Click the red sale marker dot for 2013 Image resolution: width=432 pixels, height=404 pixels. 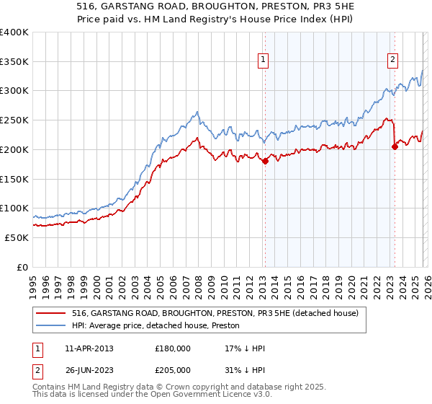[265, 161]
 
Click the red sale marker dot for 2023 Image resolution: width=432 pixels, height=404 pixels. [395, 146]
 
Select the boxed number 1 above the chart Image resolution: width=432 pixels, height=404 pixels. [264, 61]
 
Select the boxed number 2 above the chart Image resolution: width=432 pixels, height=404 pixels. [393, 61]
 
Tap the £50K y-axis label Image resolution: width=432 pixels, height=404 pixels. [17, 237]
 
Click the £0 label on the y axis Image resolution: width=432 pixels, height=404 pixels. [22, 267]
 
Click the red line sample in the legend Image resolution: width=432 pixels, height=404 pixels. [52, 313]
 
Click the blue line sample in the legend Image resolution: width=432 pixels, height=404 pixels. [52, 325]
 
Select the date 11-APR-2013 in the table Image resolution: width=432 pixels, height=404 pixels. [89, 348]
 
